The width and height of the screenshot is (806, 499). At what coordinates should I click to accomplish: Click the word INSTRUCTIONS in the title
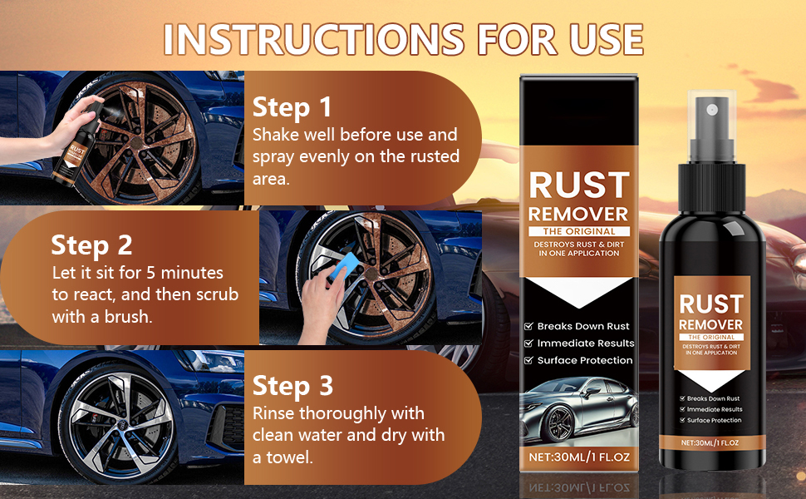(314, 39)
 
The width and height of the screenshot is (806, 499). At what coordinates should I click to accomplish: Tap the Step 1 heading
(292, 107)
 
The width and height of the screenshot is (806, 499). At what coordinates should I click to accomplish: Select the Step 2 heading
(91, 245)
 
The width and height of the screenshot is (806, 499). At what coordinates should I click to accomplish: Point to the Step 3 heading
(292, 387)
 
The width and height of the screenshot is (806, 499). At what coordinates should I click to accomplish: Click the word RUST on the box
(579, 185)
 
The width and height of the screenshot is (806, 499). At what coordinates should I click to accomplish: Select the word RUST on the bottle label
(711, 304)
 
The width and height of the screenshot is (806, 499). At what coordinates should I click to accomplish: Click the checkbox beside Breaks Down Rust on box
(528, 326)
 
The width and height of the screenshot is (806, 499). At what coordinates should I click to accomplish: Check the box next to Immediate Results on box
(528, 343)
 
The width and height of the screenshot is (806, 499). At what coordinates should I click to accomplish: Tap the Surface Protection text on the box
(585, 361)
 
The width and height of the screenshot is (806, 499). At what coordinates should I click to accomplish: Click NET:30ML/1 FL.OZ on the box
(579, 457)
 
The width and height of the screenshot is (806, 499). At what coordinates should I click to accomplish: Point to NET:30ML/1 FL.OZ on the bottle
(710, 443)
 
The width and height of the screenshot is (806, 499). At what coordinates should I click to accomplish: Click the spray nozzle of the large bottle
(712, 126)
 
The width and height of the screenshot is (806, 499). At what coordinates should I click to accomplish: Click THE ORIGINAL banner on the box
(579, 231)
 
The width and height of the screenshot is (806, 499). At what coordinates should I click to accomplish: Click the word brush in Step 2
(129, 317)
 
